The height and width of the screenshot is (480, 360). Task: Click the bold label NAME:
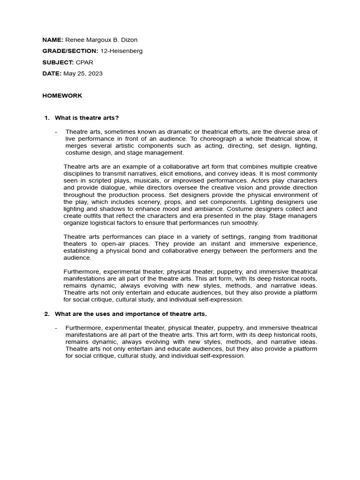[52, 40]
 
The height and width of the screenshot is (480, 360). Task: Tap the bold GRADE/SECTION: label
[70, 51]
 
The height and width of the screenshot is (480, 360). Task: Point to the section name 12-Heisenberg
[121, 51]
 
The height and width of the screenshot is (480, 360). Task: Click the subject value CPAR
[83, 62]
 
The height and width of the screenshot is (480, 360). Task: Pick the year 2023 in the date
[95, 74]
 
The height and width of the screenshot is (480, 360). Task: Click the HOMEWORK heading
[62, 96]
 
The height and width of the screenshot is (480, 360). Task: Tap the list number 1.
[46, 118]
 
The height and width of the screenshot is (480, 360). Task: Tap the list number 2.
[46, 314]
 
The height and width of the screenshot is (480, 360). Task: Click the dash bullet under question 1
[56, 132]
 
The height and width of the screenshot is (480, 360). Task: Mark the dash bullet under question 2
[56, 328]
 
